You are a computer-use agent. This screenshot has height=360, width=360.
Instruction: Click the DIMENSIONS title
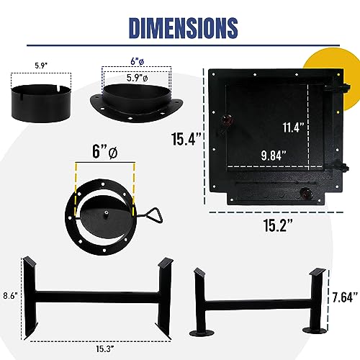click(x=184, y=27)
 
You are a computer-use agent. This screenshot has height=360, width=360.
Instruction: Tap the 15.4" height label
click(x=186, y=139)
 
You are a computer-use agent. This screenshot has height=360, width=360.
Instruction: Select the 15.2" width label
click(x=278, y=225)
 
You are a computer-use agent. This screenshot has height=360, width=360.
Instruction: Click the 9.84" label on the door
click(x=274, y=156)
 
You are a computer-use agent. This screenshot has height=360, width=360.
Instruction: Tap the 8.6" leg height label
click(x=11, y=295)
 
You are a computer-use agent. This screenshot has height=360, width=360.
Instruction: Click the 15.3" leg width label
click(x=105, y=348)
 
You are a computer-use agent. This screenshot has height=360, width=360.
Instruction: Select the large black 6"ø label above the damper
click(x=105, y=152)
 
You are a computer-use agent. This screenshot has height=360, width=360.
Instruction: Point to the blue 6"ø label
click(x=137, y=61)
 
